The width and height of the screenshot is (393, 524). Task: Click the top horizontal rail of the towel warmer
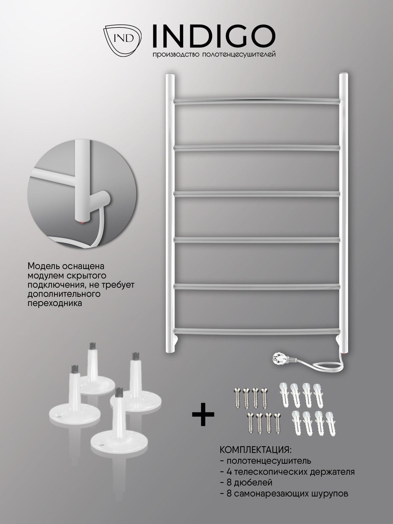coord(257,101)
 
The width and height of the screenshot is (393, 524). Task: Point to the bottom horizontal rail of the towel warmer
coord(257,331)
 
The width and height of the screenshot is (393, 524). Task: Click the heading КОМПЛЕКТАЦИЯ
coord(255,450)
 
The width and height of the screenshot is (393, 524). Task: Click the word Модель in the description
coord(43,266)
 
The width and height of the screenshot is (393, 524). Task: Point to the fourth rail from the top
coord(257,240)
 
